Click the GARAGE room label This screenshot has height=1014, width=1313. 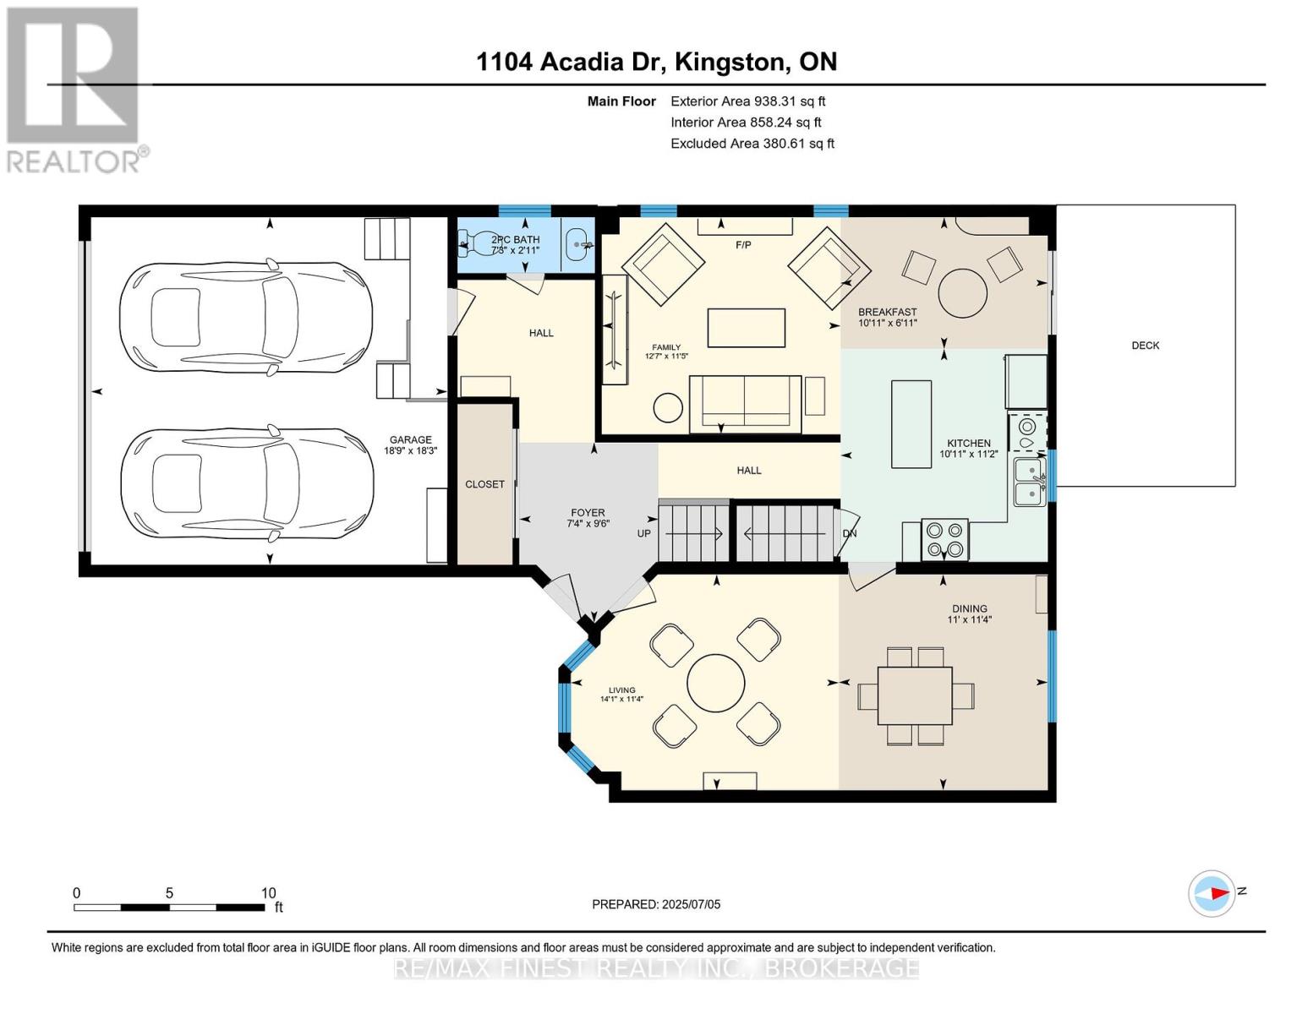click(410, 439)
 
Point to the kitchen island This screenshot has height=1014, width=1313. click(911, 423)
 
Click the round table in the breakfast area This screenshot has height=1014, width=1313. click(963, 292)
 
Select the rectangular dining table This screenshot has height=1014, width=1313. click(916, 695)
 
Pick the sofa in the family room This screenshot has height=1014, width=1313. click(745, 404)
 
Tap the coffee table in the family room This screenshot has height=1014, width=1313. click(746, 328)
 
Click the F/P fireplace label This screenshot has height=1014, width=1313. click(743, 245)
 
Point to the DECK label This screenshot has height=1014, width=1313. click(1145, 346)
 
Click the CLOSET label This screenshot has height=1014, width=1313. click(484, 484)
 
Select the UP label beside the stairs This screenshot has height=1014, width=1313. click(643, 533)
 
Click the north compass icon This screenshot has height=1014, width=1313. click(1213, 892)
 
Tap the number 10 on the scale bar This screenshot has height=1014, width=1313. click(268, 893)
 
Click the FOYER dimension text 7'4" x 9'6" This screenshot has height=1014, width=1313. click(588, 523)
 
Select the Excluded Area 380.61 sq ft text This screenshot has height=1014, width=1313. click(752, 144)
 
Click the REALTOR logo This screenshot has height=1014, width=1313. click(74, 89)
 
